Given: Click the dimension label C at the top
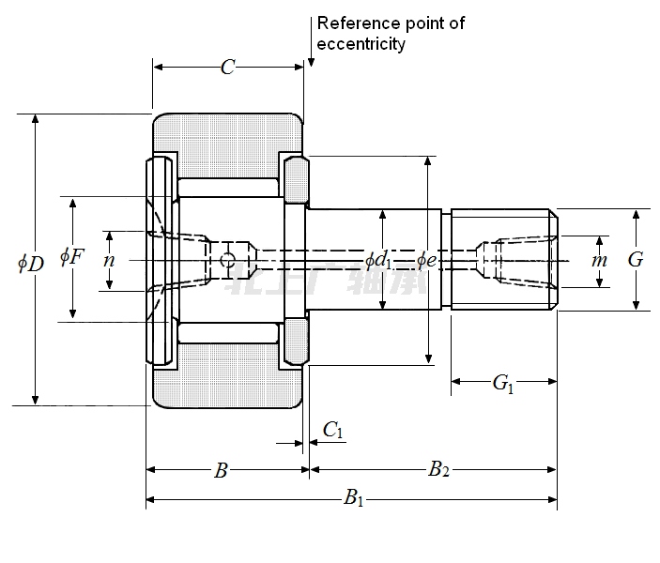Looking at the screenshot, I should [x=227, y=67].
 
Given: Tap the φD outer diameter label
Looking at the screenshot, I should [x=31, y=263].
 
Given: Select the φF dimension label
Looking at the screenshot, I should [x=71, y=255].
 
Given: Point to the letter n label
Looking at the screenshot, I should [x=109, y=260].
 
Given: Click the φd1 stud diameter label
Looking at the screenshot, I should [x=378, y=259].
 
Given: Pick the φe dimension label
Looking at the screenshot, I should [x=427, y=259].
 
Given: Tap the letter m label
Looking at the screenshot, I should [x=600, y=260].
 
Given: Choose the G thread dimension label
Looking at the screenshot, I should [x=636, y=259].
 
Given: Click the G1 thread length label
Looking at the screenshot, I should [x=504, y=383].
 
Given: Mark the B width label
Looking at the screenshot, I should [x=221, y=470].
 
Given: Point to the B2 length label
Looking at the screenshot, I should [x=437, y=470].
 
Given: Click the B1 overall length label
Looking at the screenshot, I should [x=353, y=498].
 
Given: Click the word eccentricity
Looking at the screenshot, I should [x=361, y=44].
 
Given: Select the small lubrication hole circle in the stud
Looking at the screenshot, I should [x=226, y=260].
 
